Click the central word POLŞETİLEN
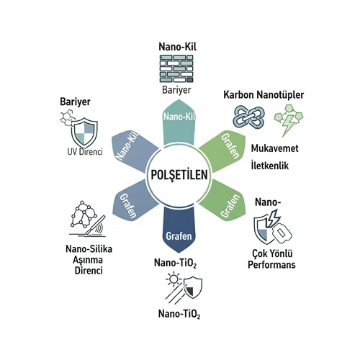tap(179, 175)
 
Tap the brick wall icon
tap(176, 69)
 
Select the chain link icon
tap(249, 117)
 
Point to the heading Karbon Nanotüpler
tap(264, 95)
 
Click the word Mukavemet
tap(274, 148)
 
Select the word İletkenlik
tap(269, 166)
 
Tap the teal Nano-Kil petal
tap(179, 122)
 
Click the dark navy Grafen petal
tap(179, 230)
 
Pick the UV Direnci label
tap(85, 152)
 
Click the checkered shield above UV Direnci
tap(84, 132)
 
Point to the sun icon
tap(174, 279)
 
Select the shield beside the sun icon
tap(193, 287)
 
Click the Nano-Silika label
tap(89, 249)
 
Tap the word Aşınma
tap(88, 260)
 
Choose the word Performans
tap(271, 265)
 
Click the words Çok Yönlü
tap(272, 253)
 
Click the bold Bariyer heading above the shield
tap(75, 102)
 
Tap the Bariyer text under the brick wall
tap(176, 90)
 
